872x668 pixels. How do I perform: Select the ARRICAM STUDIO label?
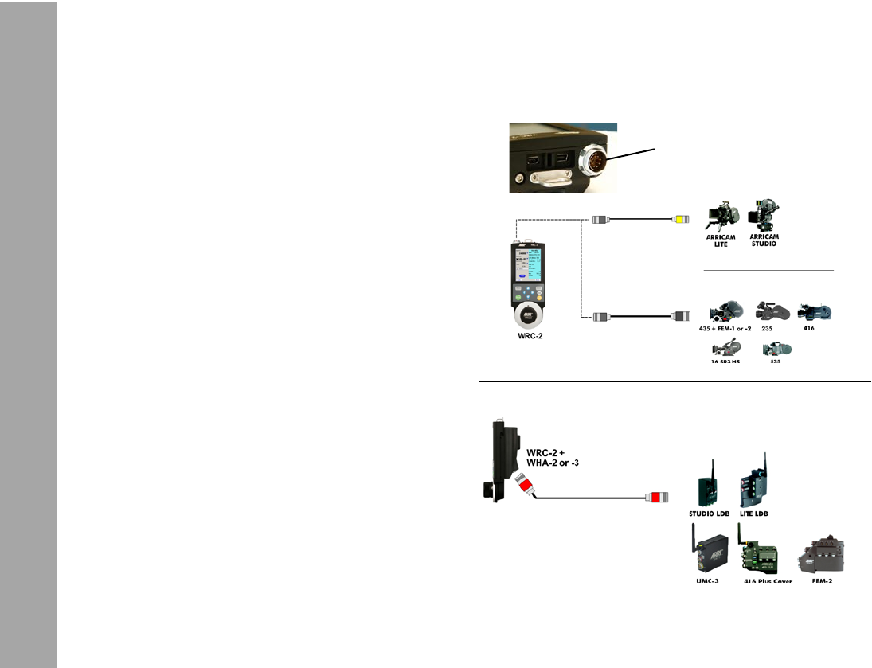point(764,240)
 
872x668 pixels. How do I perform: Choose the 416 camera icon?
point(815,310)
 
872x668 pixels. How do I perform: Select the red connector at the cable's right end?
point(656,498)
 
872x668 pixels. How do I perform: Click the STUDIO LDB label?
point(709,514)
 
